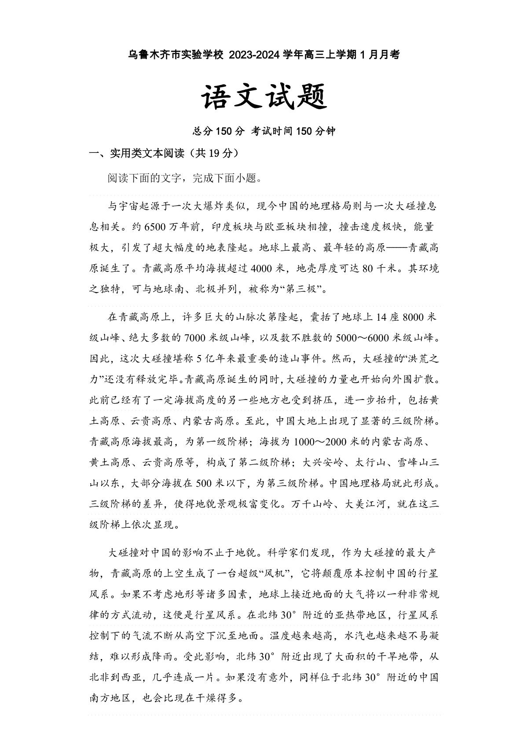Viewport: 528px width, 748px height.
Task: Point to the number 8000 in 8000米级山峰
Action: [413, 318]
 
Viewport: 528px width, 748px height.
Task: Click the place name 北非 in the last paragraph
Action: [100, 677]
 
